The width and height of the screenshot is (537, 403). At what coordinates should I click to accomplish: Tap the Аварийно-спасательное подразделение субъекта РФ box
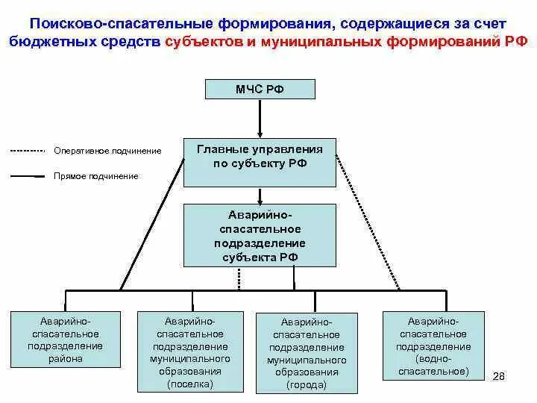[260, 236]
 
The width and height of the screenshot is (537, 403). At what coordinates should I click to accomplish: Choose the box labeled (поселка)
[190, 349]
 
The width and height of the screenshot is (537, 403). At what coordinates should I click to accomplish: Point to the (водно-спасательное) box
[433, 345]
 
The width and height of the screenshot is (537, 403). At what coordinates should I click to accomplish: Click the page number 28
[499, 375]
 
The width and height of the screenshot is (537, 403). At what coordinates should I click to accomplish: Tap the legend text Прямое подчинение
[95, 176]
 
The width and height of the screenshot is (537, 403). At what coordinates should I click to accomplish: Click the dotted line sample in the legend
[28, 151]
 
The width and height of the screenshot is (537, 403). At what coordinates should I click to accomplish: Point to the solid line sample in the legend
[28, 177]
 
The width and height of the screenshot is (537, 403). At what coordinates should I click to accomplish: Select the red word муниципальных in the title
[321, 42]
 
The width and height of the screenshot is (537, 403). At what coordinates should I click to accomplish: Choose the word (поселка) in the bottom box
[190, 384]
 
